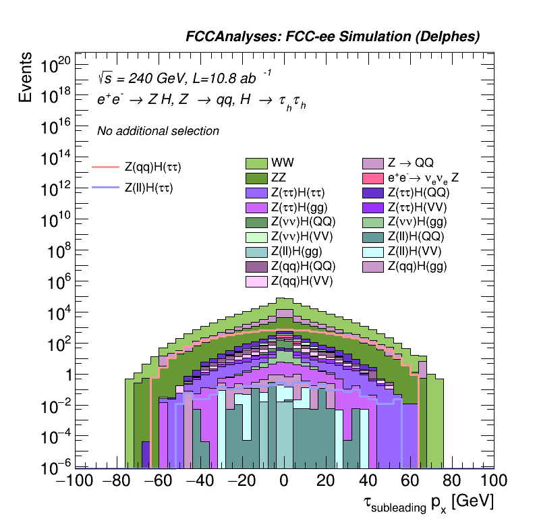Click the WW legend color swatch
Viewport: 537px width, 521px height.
click(256, 163)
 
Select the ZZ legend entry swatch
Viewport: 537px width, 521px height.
click(256, 178)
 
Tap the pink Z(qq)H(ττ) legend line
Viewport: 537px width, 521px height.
click(105, 167)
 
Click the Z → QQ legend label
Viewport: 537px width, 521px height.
click(410, 163)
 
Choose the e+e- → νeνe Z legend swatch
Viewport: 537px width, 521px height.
click(373, 178)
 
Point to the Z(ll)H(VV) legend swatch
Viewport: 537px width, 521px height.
click(373, 251)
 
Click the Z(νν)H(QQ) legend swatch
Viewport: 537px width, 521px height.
click(256, 222)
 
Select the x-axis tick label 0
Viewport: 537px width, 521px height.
click(284, 483)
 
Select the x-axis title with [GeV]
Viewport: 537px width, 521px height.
click(428, 503)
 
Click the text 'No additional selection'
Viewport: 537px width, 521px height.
click(158, 131)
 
